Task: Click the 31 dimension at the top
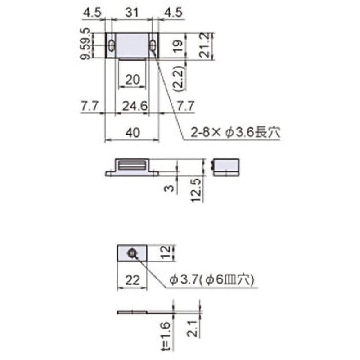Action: (131, 13)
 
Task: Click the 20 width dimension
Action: (132, 80)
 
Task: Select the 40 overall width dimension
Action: (132, 132)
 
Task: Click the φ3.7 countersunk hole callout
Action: (211, 279)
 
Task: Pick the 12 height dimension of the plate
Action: (166, 253)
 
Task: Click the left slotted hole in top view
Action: (111, 45)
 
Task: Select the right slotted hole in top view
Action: (153, 45)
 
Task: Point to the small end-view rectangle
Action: (225, 167)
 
